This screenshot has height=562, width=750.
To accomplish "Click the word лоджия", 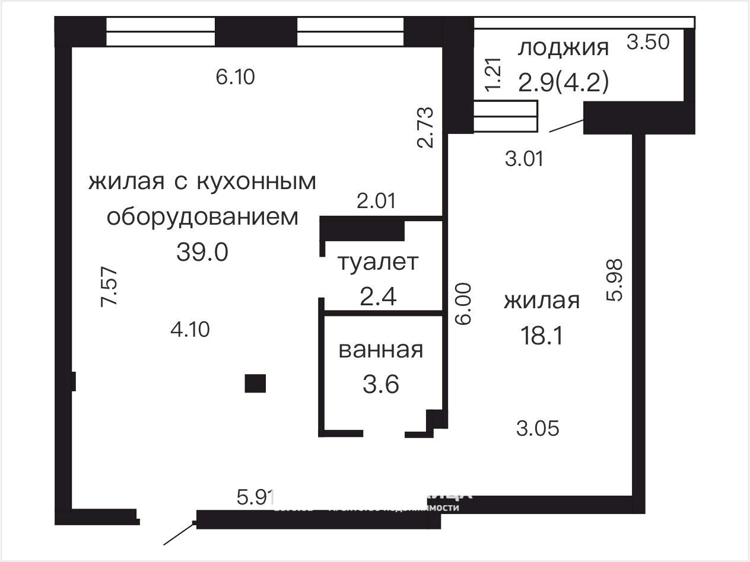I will [563, 49].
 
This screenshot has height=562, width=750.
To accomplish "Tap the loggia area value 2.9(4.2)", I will [563, 82].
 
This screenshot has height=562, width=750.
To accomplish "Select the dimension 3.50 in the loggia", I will [649, 43].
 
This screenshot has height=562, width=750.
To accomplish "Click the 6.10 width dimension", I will [236, 77].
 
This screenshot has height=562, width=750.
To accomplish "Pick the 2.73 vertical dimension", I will [425, 127].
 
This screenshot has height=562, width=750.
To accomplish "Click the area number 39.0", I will [202, 253].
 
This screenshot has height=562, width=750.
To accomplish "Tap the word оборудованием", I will [202, 217].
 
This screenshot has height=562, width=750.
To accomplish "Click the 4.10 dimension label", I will [190, 329].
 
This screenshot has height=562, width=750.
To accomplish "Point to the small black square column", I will [255, 384].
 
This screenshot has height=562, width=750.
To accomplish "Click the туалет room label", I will [378, 262].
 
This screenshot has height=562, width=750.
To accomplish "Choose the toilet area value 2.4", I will [378, 296].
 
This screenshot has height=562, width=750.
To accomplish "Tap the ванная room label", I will [381, 350].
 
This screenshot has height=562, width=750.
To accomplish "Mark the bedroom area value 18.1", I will [541, 337].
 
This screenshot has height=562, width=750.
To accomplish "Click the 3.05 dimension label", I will [538, 428].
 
